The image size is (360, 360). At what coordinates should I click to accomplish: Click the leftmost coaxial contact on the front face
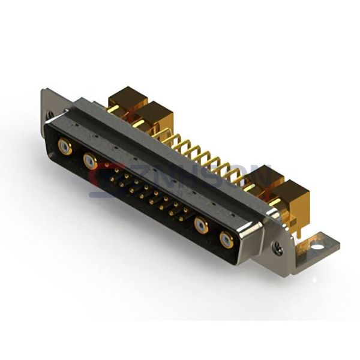[x=65, y=146]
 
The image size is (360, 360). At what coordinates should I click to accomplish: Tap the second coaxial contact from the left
[x=90, y=160]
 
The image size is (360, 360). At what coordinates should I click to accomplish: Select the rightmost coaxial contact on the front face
[x=226, y=240]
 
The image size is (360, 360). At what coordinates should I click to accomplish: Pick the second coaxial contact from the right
[x=201, y=226]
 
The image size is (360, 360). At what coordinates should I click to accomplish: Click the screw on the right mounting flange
[x=277, y=246]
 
